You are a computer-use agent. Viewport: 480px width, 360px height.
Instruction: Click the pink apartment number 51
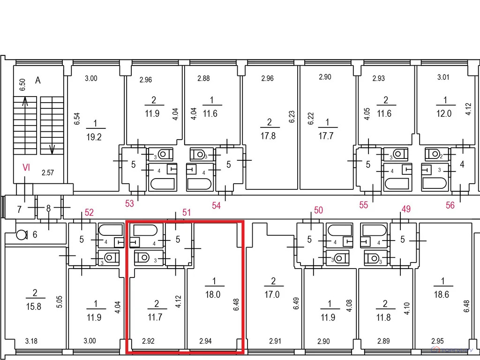[187, 212]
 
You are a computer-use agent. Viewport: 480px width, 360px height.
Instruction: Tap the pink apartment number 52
[89, 212]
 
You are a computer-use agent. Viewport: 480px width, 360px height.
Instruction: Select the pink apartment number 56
[450, 205]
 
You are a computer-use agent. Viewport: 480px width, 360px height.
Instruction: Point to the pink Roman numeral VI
[26, 167]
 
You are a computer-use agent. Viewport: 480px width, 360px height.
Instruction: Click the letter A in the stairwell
[37, 80]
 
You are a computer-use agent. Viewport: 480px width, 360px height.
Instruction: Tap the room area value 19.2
[94, 137]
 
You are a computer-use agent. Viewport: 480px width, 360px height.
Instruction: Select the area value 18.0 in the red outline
[213, 294]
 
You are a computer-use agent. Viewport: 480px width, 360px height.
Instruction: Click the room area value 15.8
[34, 307]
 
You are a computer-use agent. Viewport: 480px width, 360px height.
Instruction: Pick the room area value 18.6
[442, 294]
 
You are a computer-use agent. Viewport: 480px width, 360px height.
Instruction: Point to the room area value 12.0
[444, 113]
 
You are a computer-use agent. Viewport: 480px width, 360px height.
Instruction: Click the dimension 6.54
[77, 119]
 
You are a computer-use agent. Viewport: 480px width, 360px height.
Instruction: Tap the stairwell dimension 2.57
[48, 173]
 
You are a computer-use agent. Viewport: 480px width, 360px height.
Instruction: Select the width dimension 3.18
[31, 341]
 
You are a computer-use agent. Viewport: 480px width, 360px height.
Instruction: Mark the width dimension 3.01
[443, 77]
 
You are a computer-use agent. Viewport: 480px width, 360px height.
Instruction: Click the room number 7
[19, 210]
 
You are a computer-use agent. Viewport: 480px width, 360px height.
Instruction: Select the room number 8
[48, 209]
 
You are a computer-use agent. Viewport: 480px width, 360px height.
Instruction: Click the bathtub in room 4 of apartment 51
[145, 230]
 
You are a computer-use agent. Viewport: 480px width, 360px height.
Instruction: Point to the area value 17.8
[268, 135]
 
